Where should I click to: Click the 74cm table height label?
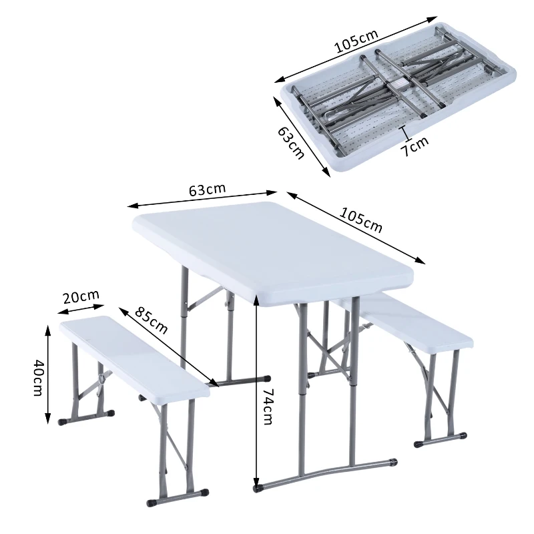click(268, 406)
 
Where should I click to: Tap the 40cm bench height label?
click(39, 377)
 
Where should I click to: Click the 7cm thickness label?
click(415, 145)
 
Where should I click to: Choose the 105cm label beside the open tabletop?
click(361, 220)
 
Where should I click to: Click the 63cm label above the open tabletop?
click(207, 190)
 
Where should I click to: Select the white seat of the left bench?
click(133, 354)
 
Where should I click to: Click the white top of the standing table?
click(274, 247)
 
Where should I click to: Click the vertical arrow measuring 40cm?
click(49, 374)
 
